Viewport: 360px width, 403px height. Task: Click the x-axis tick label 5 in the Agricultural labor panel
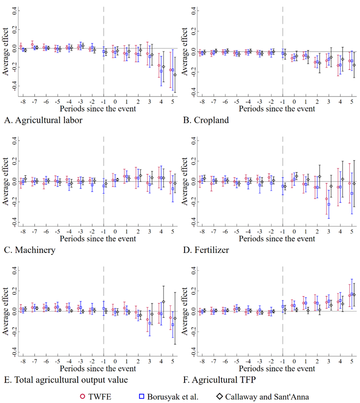tap(173, 102)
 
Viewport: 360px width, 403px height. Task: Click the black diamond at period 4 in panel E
tap(164, 302)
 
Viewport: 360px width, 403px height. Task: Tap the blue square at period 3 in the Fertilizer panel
tap(329, 204)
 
